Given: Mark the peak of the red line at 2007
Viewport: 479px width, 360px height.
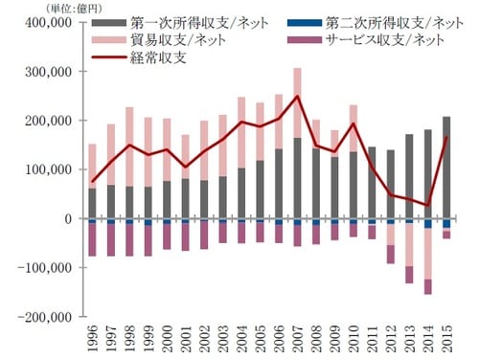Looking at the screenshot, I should click(297, 96).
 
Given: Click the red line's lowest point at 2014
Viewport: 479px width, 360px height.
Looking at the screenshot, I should click(428, 205).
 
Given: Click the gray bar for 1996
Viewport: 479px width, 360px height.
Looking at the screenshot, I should click(92, 203).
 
